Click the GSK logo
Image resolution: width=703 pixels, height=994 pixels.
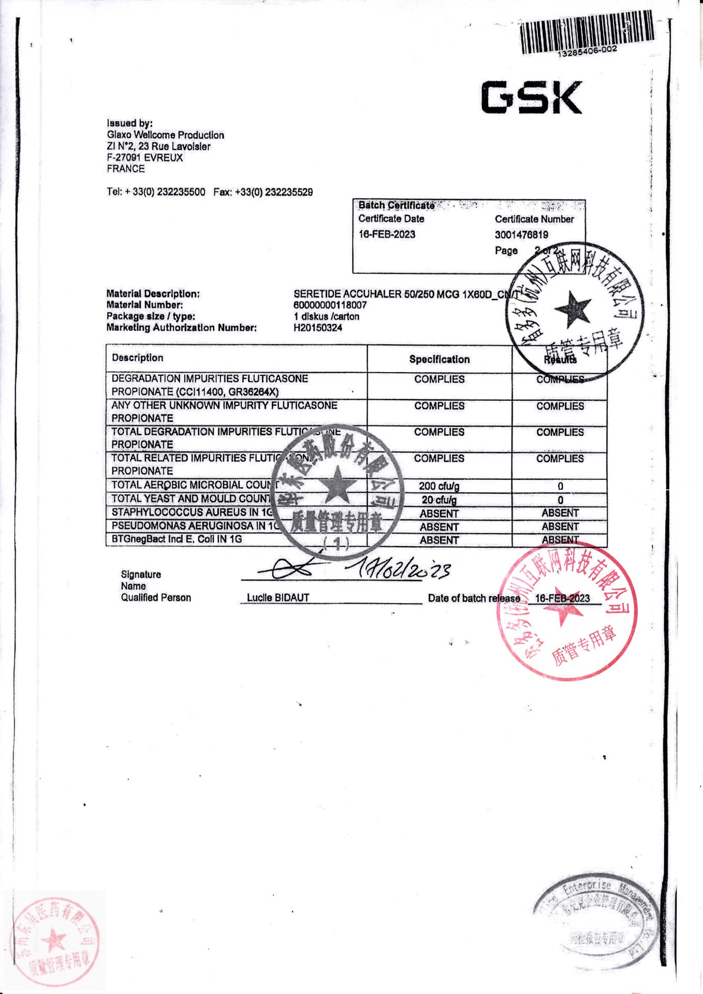tap(531, 97)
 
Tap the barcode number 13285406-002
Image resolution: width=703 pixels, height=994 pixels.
tap(587, 50)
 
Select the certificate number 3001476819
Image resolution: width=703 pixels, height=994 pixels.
tap(521, 235)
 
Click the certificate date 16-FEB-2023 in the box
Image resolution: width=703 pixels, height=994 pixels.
tap(387, 235)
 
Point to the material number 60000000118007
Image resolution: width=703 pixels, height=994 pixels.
tap(330, 305)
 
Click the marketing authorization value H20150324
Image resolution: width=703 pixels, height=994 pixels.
tap(317, 328)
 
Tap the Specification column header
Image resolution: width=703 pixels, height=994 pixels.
tap(439, 359)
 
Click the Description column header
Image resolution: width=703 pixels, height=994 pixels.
tap(137, 358)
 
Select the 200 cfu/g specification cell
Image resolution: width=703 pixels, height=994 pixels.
tap(439, 486)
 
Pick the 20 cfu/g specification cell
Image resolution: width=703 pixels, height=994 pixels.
tap(439, 500)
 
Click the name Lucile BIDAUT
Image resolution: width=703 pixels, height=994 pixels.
tap(277, 597)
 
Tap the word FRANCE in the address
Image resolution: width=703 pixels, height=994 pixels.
tap(126, 169)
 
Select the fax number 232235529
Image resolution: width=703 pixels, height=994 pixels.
tap(288, 192)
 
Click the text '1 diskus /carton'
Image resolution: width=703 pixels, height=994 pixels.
tap(326, 316)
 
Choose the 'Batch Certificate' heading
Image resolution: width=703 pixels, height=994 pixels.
tap(396, 206)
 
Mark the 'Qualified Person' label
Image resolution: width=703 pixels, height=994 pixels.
tap(156, 597)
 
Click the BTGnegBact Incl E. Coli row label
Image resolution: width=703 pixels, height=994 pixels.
tap(177, 539)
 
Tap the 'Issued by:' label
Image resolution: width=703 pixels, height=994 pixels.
tap(129, 123)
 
